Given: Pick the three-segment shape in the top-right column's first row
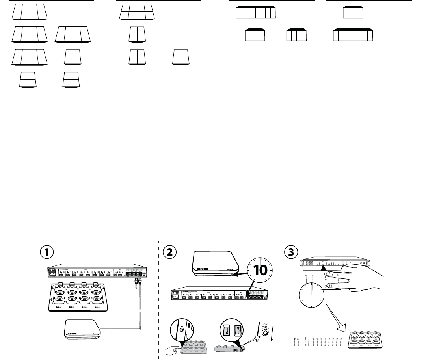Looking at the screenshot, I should point(353,12).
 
